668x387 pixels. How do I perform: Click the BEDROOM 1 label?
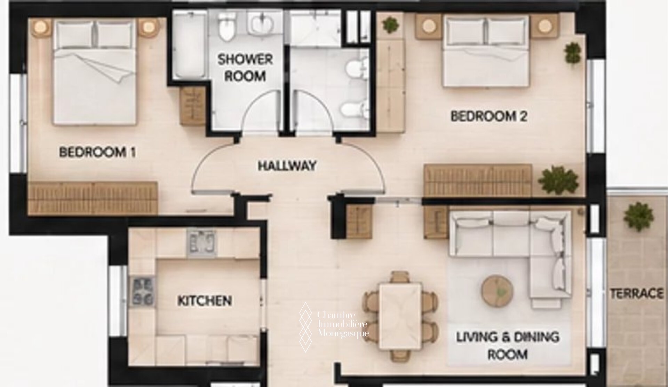(98, 153)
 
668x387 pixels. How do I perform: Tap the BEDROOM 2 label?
(489, 116)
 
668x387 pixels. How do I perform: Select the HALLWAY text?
(287, 165)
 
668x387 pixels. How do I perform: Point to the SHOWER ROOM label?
(245, 68)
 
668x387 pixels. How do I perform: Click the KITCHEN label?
(205, 301)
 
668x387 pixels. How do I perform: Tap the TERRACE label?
(637, 294)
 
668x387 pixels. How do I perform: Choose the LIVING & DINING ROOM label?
(508, 346)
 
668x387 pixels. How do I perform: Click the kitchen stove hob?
(142, 291)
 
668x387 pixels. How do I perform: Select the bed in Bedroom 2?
(486, 52)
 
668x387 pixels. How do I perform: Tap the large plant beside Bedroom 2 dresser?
(558, 180)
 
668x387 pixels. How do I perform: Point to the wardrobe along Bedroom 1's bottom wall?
(93, 198)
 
